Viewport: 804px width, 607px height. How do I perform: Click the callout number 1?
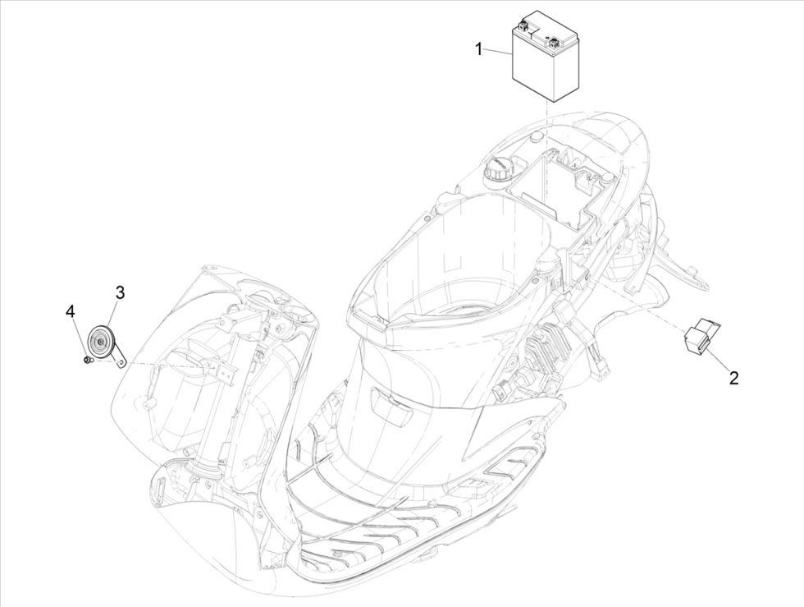click(479, 49)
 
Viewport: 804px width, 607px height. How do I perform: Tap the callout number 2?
click(734, 378)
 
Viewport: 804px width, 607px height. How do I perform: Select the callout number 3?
click(120, 293)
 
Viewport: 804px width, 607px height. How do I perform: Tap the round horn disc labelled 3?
click(102, 341)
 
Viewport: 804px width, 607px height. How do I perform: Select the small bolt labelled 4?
click(86, 359)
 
